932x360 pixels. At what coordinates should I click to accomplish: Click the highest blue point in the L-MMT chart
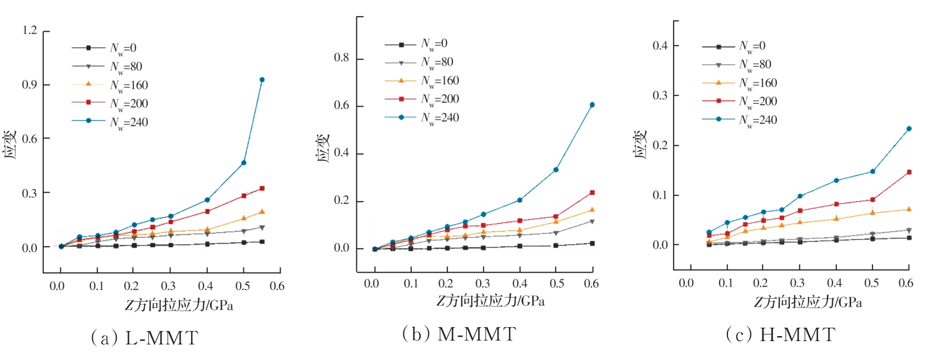pyautogui.click(x=262, y=80)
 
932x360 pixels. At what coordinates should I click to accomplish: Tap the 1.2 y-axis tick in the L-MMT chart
pyautogui.click(x=30, y=31)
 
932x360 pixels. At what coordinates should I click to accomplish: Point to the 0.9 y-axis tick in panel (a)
pyautogui.click(x=30, y=84)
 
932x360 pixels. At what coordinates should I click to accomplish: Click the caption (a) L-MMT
pyautogui.click(x=144, y=338)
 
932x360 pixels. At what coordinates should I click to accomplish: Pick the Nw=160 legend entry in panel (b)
pyautogui.click(x=440, y=81)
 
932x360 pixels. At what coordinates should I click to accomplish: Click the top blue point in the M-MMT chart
pyautogui.click(x=592, y=105)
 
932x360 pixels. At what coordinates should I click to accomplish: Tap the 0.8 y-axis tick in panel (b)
pyautogui.click(x=341, y=58)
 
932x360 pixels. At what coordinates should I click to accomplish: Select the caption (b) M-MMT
pyautogui.click(x=459, y=334)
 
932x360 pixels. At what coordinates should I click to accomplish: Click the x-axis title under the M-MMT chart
pyautogui.click(x=490, y=301)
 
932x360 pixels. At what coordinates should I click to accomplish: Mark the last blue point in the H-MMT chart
pyautogui.click(x=909, y=129)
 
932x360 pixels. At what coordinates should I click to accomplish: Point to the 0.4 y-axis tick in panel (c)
pyautogui.click(x=660, y=46)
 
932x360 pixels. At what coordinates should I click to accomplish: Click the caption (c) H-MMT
pyautogui.click(x=780, y=334)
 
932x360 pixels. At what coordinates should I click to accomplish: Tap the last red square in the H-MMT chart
pyautogui.click(x=909, y=172)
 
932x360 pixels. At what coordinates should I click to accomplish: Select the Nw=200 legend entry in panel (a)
pyautogui.click(x=128, y=104)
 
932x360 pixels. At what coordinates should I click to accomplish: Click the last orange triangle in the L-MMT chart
pyautogui.click(x=262, y=212)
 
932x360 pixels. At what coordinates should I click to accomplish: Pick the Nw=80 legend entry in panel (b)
pyautogui.click(x=437, y=62)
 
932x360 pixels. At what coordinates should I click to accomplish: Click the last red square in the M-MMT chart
pyautogui.click(x=592, y=193)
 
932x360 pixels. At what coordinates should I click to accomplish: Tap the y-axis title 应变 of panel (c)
pyautogui.click(x=641, y=144)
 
